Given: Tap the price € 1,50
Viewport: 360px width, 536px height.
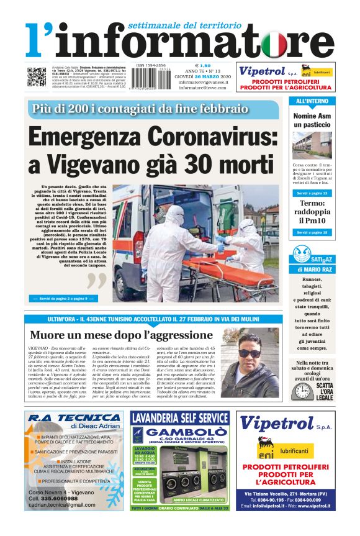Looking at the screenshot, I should pos(202,65).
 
